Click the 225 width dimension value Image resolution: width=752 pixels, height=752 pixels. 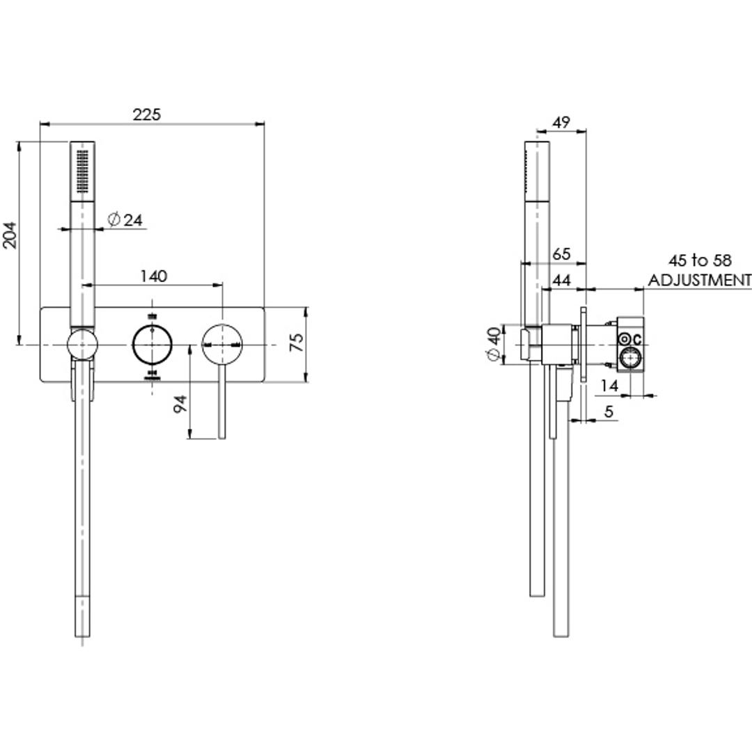(x=147, y=114)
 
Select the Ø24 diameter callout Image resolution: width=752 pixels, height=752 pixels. (x=125, y=220)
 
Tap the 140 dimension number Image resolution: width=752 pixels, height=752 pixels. (x=154, y=276)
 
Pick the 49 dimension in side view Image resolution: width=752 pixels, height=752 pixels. (x=561, y=122)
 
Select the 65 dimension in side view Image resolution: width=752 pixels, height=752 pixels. (x=561, y=255)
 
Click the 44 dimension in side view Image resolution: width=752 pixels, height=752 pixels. (x=561, y=280)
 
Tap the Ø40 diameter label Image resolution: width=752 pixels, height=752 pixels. (x=494, y=344)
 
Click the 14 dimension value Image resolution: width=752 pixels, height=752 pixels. (x=609, y=384)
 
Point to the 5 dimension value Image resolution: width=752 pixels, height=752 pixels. (x=609, y=412)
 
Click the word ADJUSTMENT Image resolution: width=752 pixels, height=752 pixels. (x=700, y=280)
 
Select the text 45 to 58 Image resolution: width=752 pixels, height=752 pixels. (x=700, y=261)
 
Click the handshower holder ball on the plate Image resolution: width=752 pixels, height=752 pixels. (x=83, y=344)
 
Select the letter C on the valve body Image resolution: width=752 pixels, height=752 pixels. (x=638, y=340)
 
